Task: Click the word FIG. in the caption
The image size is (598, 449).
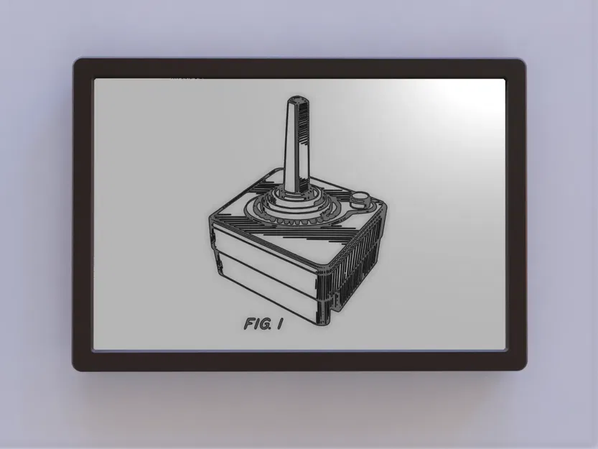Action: click(257, 324)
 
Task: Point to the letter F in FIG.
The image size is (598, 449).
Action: click(248, 324)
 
